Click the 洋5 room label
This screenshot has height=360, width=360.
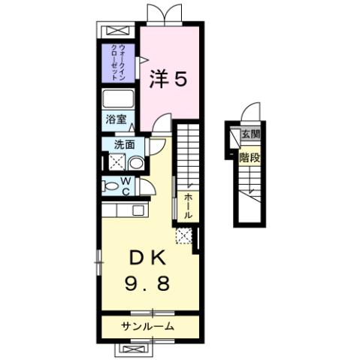170,77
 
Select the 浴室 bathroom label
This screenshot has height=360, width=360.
115,119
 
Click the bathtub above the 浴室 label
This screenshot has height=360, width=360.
119,101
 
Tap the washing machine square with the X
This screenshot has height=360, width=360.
116,162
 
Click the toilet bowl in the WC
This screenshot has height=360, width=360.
112,187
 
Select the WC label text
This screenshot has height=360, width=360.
126,186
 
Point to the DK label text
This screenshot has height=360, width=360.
149,258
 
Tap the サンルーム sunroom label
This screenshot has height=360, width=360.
149,325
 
